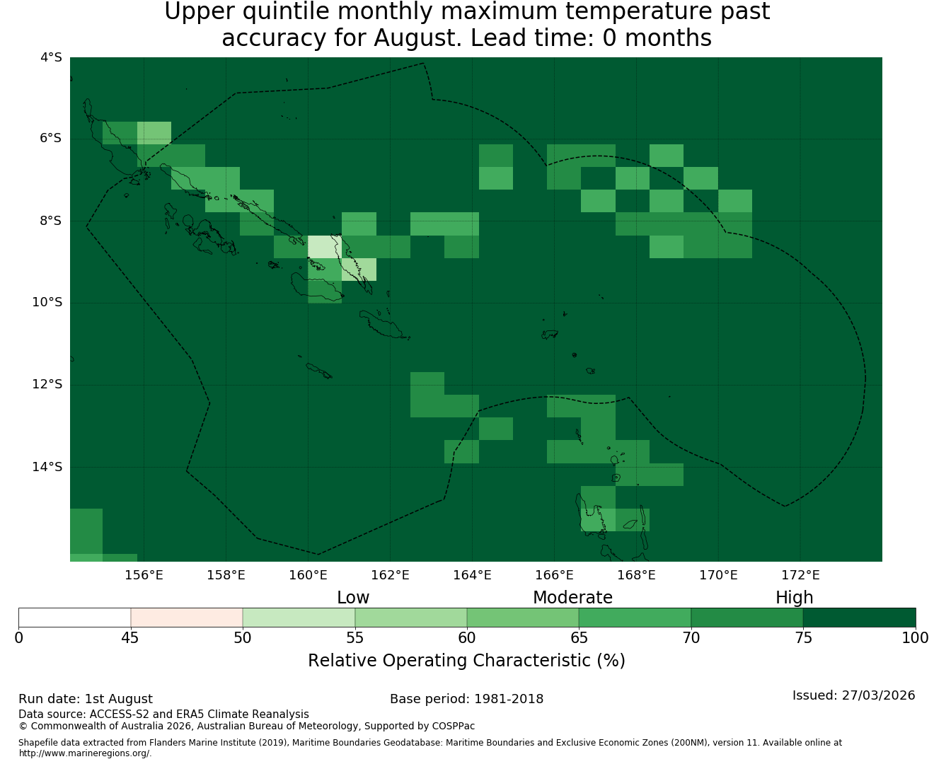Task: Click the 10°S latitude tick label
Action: [47, 302]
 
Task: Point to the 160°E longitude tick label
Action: [308, 575]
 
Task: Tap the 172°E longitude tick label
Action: [800, 575]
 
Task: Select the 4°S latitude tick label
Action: [51, 57]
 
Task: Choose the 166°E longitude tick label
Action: [554, 575]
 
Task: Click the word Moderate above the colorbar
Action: [572, 598]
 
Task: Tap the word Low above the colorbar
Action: [353, 598]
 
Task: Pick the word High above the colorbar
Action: [794, 598]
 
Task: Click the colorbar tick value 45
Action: [130, 638]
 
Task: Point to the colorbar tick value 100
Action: [915, 638]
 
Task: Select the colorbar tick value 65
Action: [579, 638]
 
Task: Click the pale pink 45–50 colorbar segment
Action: [186, 618]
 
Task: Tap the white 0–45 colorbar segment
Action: [74, 618]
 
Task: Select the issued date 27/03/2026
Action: [878, 695]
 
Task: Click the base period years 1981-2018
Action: [509, 699]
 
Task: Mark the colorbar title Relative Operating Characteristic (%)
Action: [466, 660]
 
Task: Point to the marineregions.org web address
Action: [85, 753]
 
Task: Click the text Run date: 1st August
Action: [86, 699]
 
